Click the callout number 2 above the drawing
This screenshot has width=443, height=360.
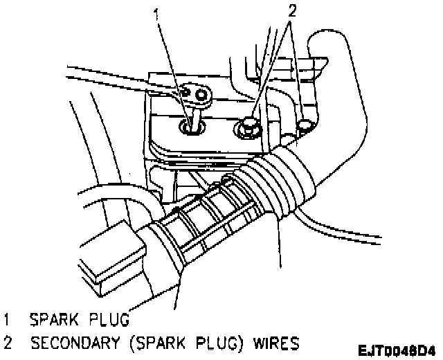click(291, 12)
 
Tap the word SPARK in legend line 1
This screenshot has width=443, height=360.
click(55, 320)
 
